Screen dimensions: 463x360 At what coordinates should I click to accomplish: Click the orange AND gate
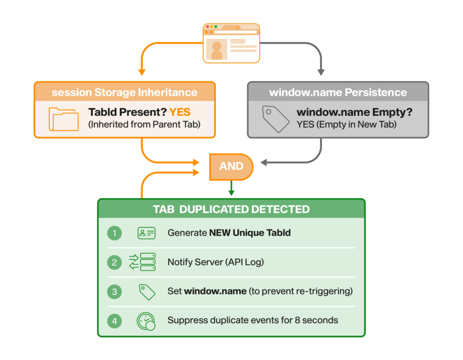click(231, 166)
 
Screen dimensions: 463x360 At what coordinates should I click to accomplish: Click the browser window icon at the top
click(231, 43)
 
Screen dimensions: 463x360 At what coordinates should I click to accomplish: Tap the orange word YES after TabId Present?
click(180, 112)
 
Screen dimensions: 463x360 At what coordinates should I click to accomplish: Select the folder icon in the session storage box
click(64, 119)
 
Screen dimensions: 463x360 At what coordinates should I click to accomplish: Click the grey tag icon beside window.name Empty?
click(275, 119)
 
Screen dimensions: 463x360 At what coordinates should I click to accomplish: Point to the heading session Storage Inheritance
click(124, 92)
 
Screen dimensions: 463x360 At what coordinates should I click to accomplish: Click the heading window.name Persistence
click(338, 92)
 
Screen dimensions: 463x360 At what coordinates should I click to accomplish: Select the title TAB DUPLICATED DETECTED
click(231, 209)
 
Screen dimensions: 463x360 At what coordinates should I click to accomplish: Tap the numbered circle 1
click(114, 233)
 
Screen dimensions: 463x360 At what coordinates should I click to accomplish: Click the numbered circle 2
click(114, 262)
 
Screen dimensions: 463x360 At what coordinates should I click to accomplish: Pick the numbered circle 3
click(114, 292)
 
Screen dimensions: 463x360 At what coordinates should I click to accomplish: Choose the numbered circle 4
click(114, 321)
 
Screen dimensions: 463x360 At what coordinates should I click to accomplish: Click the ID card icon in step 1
click(146, 233)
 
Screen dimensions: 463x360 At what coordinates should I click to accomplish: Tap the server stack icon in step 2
click(142, 262)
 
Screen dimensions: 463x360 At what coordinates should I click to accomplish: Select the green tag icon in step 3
click(147, 292)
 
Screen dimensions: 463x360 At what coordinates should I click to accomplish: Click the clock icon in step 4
click(146, 321)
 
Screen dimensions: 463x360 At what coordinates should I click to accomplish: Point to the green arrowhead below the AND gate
click(231, 193)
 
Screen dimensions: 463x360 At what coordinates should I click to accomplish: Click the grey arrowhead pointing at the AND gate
click(264, 162)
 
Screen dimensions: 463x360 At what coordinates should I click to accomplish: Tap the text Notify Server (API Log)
click(216, 262)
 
